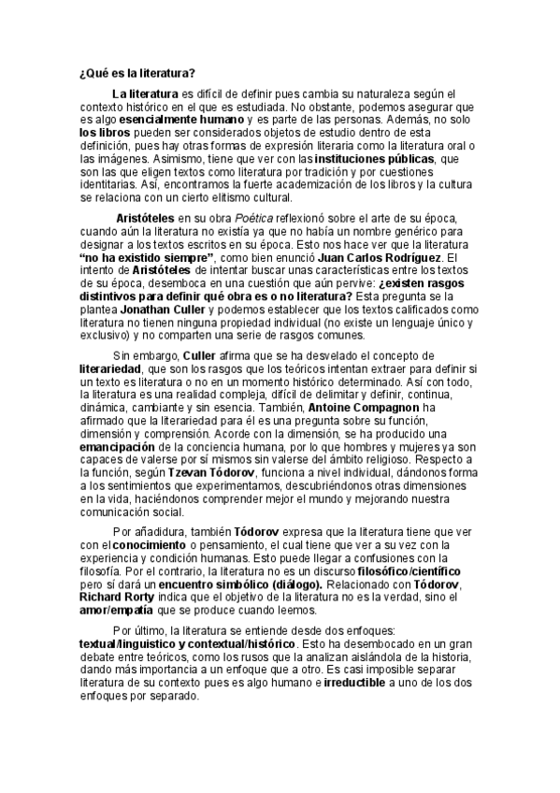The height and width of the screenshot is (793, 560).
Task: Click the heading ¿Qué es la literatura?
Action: click(x=136, y=74)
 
